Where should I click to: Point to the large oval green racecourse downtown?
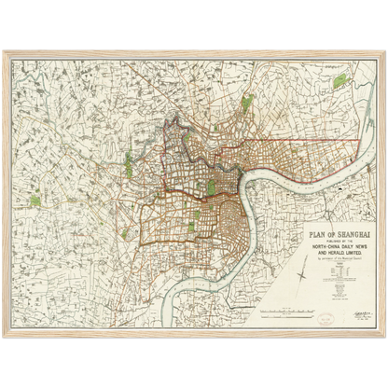click(211, 187)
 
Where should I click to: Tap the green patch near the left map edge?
click(35, 200)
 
